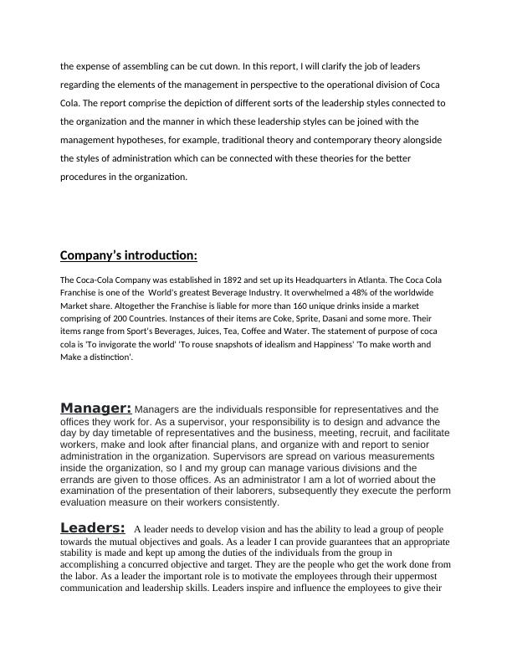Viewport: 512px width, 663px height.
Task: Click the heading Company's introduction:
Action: (x=129, y=255)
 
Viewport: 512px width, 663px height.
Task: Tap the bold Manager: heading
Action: (x=95, y=408)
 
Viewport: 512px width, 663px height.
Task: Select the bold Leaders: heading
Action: (x=93, y=527)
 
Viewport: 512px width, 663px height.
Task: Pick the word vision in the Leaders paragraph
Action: (x=238, y=530)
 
